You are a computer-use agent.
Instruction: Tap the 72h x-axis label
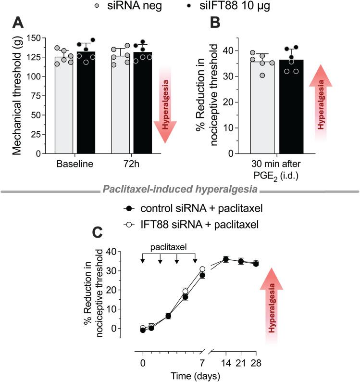[x=131, y=164]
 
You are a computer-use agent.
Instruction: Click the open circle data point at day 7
[x=202, y=269]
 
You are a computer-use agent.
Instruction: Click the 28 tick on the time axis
[x=256, y=360]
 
